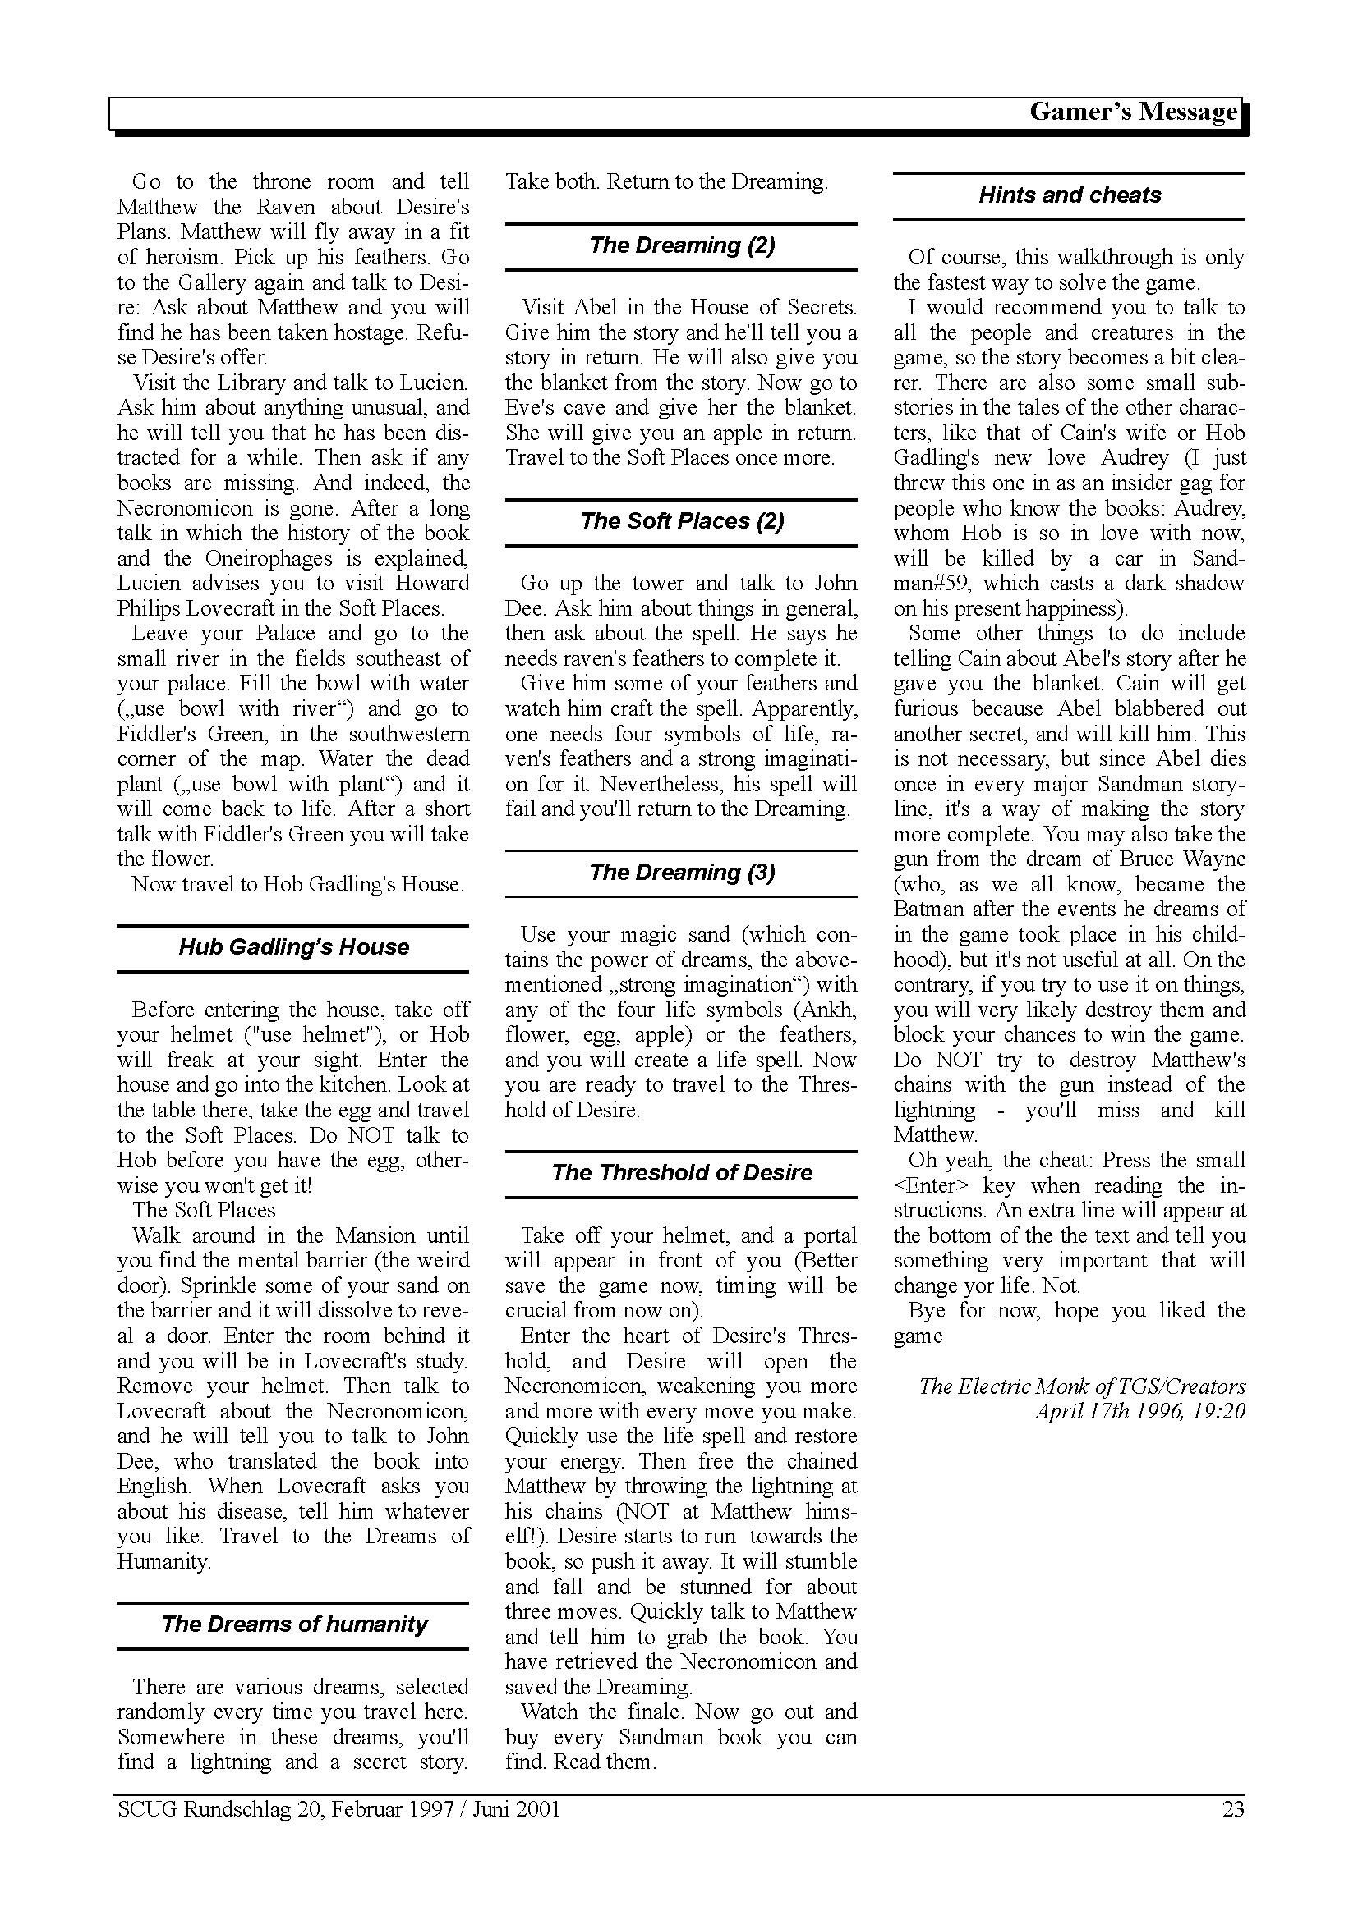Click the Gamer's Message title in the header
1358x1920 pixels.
1133,112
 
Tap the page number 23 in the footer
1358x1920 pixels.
1232,1810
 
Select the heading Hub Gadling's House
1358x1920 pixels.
293,947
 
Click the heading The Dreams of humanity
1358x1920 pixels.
293,1624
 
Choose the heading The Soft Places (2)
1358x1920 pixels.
681,521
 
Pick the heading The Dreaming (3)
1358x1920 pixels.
681,873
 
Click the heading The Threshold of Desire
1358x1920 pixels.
681,1172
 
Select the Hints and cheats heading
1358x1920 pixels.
1070,195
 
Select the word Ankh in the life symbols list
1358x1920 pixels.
826,1010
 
